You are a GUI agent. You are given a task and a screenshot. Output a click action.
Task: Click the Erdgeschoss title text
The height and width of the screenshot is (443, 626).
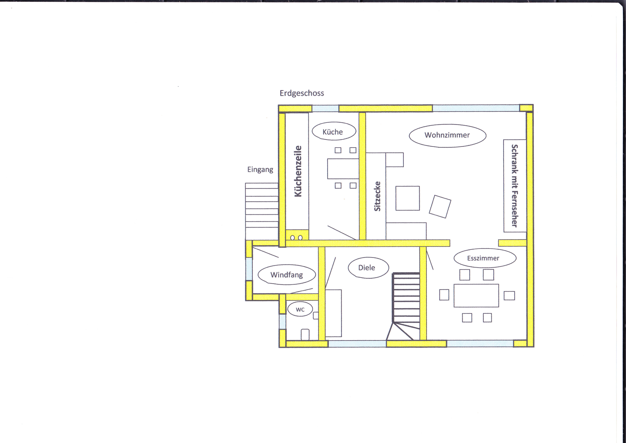pyautogui.click(x=302, y=93)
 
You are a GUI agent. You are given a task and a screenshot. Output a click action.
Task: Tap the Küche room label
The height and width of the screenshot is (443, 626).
pyautogui.click(x=333, y=132)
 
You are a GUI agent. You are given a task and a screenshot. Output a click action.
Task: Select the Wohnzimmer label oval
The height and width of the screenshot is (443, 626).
pyautogui.click(x=447, y=136)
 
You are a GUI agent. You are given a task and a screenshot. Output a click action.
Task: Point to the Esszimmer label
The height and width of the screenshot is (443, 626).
pyautogui.click(x=483, y=258)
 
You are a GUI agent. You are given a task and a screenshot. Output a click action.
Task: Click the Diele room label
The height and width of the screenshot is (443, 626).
pyautogui.click(x=366, y=268)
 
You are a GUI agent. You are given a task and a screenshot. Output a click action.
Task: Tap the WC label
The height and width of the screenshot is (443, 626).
pyautogui.click(x=300, y=309)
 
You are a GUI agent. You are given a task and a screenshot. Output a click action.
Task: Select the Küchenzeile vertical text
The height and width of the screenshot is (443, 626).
pyautogui.click(x=298, y=171)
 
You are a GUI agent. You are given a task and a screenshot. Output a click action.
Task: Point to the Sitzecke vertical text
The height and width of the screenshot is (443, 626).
pyautogui.click(x=377, y=196)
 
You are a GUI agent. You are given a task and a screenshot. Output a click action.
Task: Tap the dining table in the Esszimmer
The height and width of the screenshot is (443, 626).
pyautogui.click(x=476, y=295)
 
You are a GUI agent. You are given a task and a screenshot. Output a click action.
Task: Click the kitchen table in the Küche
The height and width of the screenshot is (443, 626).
pyautogui.click(x=343, y=169)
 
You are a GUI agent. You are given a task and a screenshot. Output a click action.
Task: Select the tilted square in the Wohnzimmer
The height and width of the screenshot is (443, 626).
pyautogui.click(x=440, y=206)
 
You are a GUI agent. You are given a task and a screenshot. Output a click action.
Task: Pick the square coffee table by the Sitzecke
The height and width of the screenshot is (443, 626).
pyautogui.click(x=408, y=198)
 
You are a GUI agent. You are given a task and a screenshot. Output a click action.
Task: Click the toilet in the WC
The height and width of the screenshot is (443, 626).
pyautogui.click(x=305, y=334)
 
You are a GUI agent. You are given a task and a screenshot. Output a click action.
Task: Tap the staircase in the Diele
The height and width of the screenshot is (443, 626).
pyautogui.click(x=406, y=306)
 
